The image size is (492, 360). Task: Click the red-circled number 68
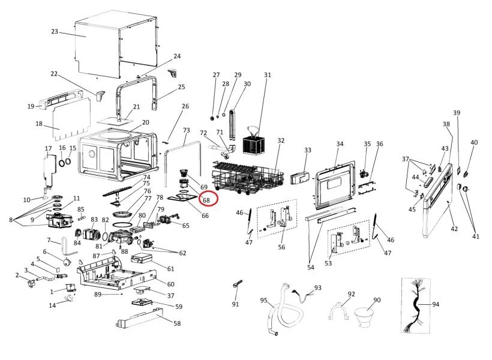click(x=205, y=200)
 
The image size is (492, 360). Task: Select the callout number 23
click(x=55, y=31)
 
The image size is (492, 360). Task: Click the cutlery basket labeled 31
click(x=254, y=144)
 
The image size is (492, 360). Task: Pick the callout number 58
click(x=177, y=323)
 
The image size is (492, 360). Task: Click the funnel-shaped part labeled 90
click(x=365, y=316)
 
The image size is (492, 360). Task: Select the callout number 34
click(x=340, y=144)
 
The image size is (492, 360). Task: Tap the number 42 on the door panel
click(x=454, y=229)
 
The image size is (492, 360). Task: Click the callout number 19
click(x=31, y=106)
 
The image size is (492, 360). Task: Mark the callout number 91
click(x=235, y=304)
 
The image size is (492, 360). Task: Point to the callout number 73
click(x=186, y=130)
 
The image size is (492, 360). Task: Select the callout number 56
click(x=281, y=247)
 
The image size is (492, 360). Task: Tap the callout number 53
click(x=328, y=263)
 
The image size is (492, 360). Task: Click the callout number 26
click(x=185, y=106)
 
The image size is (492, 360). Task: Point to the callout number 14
click(x=52, y=305)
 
